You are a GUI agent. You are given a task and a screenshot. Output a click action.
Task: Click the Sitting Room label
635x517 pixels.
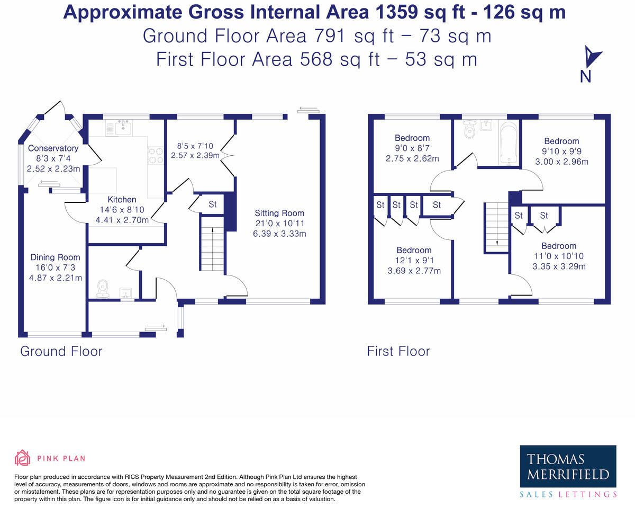pyautogui.click(x=279, y=213)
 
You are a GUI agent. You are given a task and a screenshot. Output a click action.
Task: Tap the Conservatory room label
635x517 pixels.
pyautogui.click(x=53, y=148)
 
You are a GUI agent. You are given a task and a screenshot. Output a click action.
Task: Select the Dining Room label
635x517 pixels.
pyautogui.click(x=56, y=257)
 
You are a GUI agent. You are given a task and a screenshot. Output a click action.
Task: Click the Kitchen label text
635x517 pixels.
pyautogui.click(x=122, y=199)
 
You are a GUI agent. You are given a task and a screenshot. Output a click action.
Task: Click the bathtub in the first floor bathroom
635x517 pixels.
pyautogui.click(x=509, y=144)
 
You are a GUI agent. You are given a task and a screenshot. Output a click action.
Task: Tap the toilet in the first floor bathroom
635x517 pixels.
pyautogui.click(x=470, y=129)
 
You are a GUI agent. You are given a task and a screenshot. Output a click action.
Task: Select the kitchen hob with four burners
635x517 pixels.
pyautogui.click(x=156, y=155)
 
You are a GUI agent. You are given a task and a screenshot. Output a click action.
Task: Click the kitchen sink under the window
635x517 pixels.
pyautogui.click(x=123, y=128)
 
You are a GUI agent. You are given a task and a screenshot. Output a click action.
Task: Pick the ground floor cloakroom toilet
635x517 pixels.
pyautogui.click(x=103, y=289)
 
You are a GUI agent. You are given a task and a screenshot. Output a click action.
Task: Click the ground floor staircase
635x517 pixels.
pyautogui.click(x=212, y=244)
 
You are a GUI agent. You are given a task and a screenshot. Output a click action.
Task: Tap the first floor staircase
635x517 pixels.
pyautogui.click(x=496, y=228)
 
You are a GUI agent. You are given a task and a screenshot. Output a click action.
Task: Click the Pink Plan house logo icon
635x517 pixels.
pyautogui.click(x=22, y=458)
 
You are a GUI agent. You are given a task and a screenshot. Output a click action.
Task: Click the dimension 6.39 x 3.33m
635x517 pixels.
pyautogui.click(x=279, y=234)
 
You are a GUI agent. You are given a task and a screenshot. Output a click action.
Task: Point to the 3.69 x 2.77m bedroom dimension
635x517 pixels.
pyautogui.click(x=414, y=271)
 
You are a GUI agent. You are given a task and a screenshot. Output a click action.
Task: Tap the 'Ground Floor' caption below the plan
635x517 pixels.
pyautogui.click(x=61, y=351)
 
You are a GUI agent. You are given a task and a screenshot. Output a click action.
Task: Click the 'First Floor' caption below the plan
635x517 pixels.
pyautogui.click(x=398, y=351)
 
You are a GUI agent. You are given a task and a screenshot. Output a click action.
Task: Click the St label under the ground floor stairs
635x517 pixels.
pyautogui.click(x=213, y=204)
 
